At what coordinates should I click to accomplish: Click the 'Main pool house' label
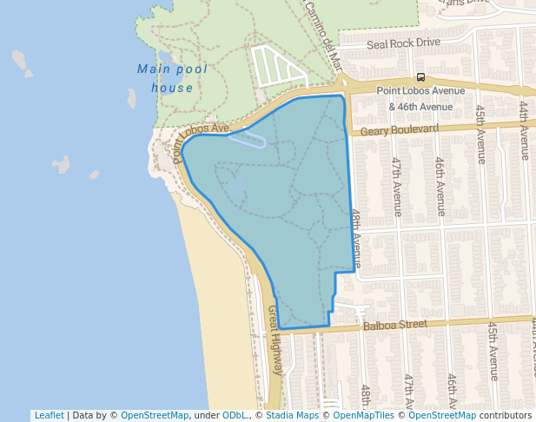point(166,78)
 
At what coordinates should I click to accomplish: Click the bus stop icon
point(420,77)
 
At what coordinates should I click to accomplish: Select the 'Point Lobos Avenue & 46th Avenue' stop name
point(420,98)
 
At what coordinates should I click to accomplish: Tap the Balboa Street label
point(395,325)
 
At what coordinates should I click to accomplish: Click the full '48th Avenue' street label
point(356,235)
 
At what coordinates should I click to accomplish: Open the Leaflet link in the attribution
point(49,415)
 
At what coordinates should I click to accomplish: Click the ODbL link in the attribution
point(235,415)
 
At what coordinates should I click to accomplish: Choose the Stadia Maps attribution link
point(292,415)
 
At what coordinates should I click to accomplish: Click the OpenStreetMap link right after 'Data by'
point(155,415)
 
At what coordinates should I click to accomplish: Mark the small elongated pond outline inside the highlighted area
point(248,141)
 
